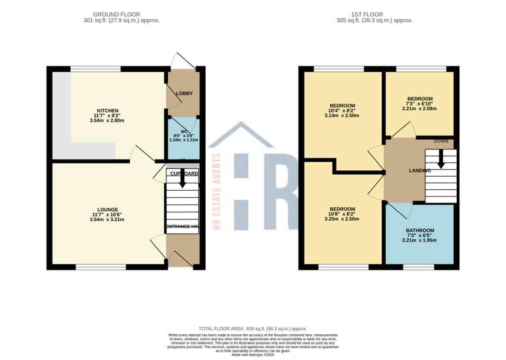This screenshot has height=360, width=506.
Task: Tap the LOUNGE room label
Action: (107, 210)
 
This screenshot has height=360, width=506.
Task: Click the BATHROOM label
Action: (420, 231)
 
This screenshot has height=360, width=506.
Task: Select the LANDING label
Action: (420, 171)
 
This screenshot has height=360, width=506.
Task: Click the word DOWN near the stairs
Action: (441, 141)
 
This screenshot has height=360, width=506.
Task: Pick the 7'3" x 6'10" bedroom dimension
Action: (420, 104)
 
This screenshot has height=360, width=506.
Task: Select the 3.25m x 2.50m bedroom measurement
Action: (342, 219)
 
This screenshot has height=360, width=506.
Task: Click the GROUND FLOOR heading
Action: (117, 15)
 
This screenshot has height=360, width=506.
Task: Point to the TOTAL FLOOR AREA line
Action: (253, 329)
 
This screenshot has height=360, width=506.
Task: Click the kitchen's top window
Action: (96, 69)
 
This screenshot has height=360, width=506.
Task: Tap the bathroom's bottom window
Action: (418, 267)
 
